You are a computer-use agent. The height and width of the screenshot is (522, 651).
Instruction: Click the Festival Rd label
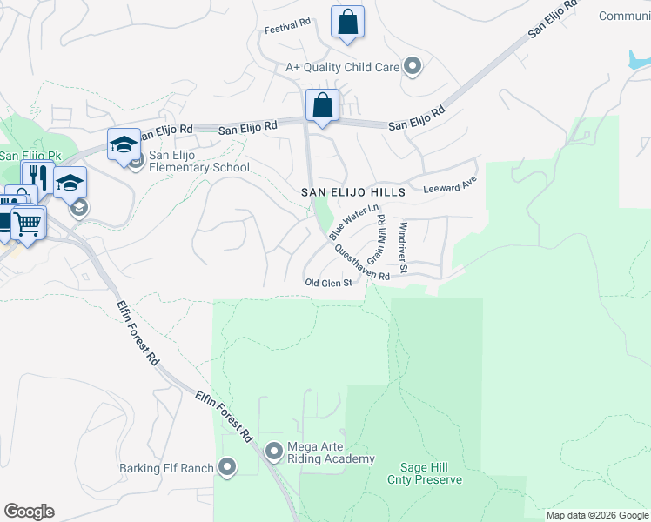point(288,27)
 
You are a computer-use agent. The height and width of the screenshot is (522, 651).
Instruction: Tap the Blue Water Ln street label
point(354,222)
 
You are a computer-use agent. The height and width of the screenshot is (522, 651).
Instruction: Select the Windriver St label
point(403,247)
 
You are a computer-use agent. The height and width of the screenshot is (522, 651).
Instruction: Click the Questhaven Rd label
point(359,260)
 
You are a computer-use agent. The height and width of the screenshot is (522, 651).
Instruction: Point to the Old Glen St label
point(328,283)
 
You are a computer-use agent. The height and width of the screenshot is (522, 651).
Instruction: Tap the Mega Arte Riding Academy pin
point(274,451)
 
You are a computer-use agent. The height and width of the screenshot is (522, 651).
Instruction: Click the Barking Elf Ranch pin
point(228,468)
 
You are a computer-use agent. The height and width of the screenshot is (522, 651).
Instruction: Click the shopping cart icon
point(27,223)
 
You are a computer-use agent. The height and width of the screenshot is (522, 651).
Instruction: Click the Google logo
point(29,512)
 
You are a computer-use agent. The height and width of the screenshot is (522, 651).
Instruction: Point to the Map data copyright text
point(596,515)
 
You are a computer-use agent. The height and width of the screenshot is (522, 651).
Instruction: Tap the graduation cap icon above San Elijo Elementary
point(124,144)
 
